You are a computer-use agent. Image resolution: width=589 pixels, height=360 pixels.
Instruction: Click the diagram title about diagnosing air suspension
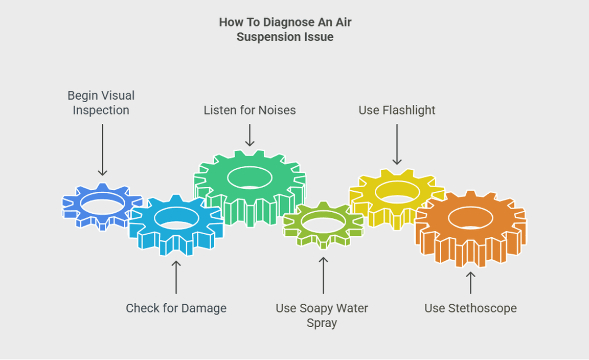285,30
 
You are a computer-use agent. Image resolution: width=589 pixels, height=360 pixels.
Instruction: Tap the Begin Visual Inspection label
101,103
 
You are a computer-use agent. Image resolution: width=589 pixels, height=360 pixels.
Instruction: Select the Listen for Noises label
250,110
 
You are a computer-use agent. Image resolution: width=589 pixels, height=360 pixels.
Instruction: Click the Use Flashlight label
397,110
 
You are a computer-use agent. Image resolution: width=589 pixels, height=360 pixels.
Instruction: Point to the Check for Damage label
176,308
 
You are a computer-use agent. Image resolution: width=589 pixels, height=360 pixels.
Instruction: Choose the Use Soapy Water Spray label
322,315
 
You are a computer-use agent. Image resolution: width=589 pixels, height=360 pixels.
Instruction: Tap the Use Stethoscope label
470,308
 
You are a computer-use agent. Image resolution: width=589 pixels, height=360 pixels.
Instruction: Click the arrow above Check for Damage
176,277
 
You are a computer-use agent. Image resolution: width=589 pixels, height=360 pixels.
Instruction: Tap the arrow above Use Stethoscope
470,282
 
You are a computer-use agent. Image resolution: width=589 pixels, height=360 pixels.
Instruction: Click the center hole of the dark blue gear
103,204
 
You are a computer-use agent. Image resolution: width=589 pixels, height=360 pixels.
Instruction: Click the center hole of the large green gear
250,177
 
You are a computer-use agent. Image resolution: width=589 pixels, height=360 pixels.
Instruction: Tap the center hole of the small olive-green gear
323,221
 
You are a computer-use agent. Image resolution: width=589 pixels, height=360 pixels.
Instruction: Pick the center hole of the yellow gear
397,192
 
